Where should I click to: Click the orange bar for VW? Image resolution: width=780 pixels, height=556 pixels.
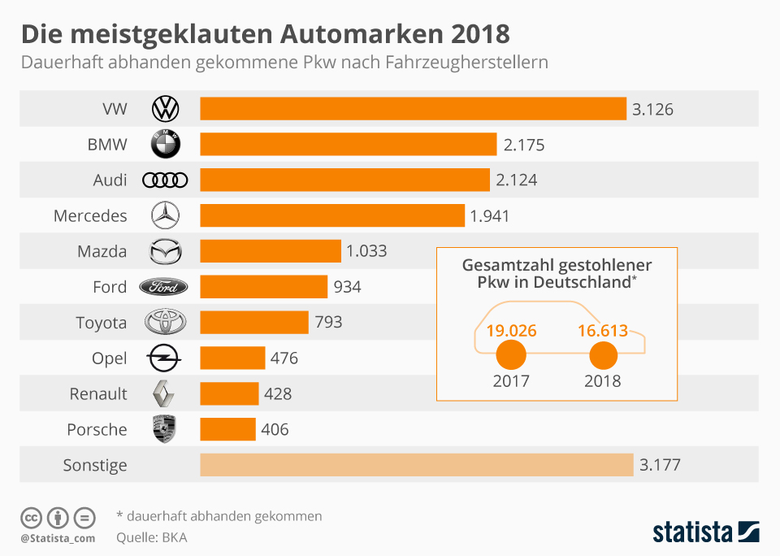click(413, 109)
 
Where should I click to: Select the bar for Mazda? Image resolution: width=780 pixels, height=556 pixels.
click(271, 251)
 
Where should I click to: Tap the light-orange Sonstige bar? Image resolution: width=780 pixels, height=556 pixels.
click(416, 465)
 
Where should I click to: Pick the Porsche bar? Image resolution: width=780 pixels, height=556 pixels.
click(227, 429)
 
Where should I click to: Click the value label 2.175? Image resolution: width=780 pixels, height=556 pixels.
click(523, 145)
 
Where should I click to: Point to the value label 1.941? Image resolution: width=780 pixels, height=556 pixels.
click(489, 215)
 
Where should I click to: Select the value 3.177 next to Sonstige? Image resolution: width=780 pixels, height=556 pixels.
click(660, 465)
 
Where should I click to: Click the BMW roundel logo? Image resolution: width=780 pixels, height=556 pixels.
click(166, 145)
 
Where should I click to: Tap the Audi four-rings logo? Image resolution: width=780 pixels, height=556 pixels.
click(165, 180)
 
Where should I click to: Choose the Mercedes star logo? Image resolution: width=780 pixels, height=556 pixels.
click(165, 215)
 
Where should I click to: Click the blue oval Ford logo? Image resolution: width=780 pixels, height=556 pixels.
click(164, 287)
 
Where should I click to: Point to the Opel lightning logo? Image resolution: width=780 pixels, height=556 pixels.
click(164, 358)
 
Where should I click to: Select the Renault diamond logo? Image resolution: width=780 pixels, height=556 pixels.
click(164, 393)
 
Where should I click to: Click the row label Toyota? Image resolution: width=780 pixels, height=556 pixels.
click(101, 323)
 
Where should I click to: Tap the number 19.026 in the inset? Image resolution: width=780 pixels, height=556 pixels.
click(512, 331)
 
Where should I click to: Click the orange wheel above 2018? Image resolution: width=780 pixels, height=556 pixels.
click(603, 355)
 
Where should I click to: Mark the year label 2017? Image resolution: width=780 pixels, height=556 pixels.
click(511, 380)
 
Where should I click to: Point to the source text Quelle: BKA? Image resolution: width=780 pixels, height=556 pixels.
click(152, 537)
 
